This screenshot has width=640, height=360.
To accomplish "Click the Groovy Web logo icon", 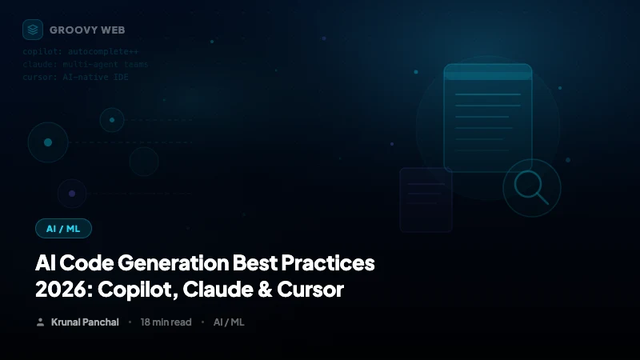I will (33, 30).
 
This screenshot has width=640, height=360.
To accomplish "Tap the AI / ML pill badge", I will (63, 229).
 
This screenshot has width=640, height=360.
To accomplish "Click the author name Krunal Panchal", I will (85, 322).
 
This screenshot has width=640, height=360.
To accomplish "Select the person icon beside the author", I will (40, 322).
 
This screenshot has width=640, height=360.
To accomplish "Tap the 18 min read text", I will (166, 322).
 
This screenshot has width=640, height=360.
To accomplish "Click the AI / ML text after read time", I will (229, 322).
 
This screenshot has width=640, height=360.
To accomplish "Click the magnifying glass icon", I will (530, 188).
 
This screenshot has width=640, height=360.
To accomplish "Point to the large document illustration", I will (488, 117).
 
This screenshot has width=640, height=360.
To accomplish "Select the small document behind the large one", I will (424, 200).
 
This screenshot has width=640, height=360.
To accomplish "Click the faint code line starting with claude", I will (85, 64).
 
